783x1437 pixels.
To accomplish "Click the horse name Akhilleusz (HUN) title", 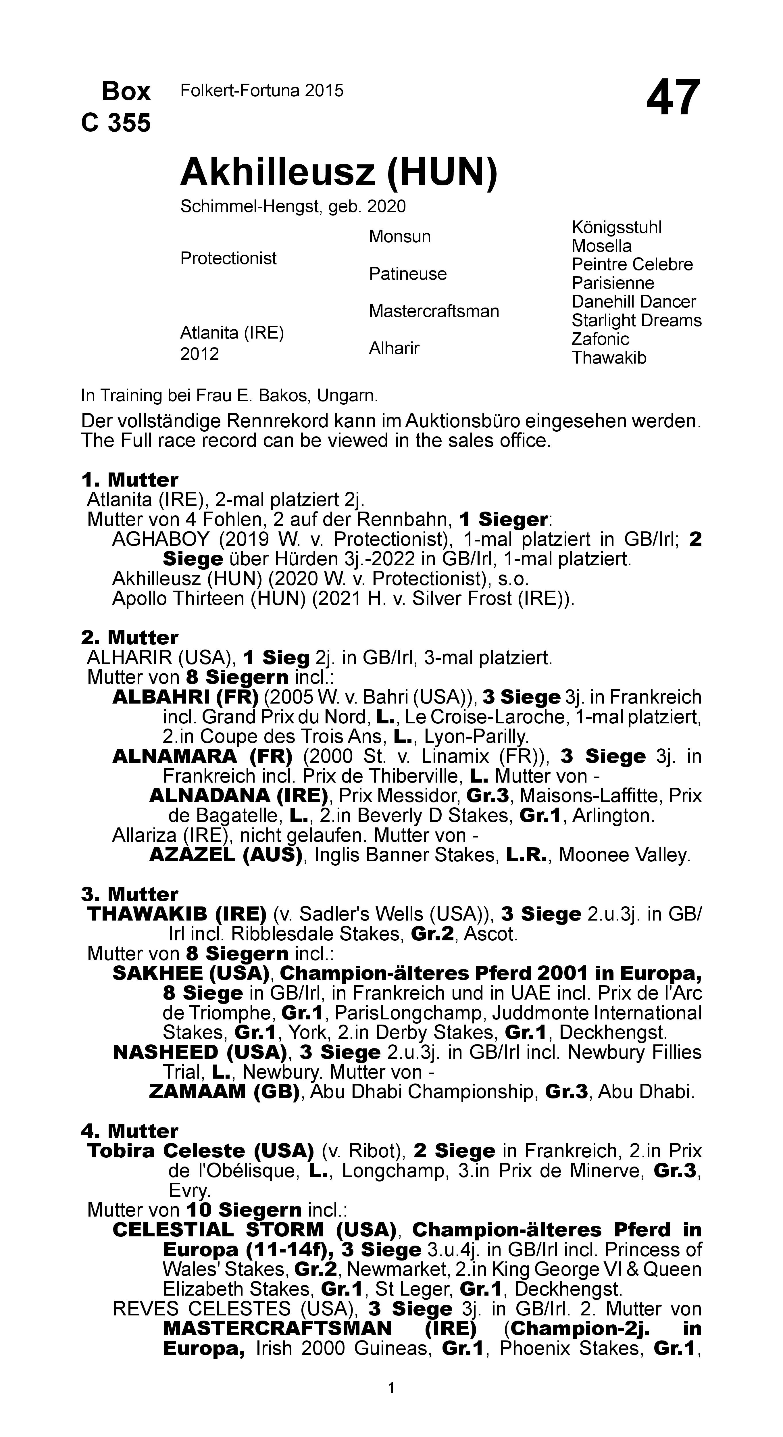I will (x=338, y=172).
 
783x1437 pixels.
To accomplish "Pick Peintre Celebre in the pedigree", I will (x=632, y=264).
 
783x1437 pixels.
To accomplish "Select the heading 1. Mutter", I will (x=129, y=480).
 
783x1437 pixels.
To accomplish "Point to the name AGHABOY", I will (x=161, y=539).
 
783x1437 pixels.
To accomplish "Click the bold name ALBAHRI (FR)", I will (x=185, y=697).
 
